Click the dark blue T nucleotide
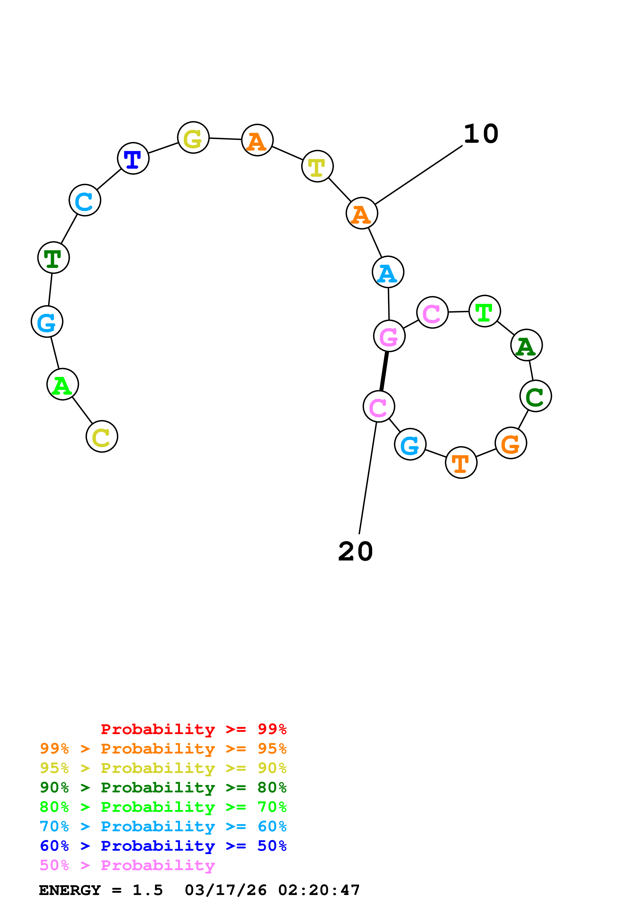133,158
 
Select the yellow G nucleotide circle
193,138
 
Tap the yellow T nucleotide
317,166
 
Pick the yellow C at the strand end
102,436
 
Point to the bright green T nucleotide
485,311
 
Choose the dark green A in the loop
527,345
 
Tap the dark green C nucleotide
536,396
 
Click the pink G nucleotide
389,336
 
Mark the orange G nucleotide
511,443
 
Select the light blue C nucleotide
85,200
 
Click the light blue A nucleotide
388,272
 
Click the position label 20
355,551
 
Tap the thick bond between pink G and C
384,371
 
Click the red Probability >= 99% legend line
193,729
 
